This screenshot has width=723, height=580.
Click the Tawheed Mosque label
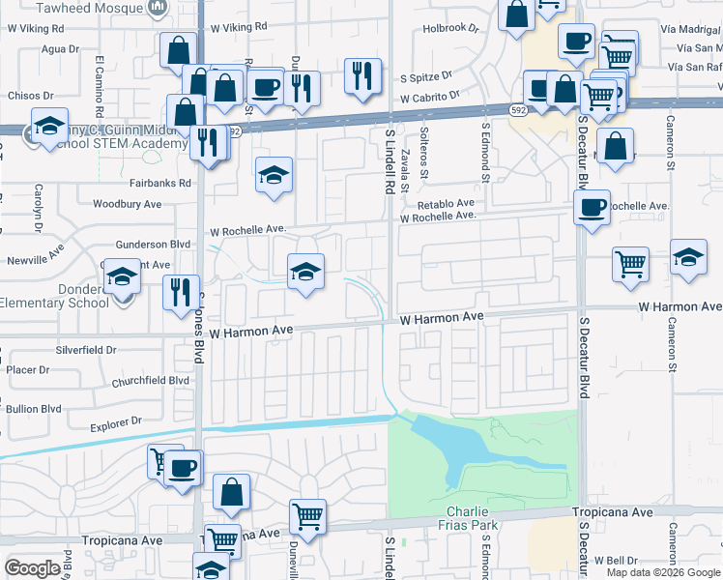[99, 7]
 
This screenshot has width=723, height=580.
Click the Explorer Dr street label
[116, 421]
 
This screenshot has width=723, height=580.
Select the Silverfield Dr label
[86, 349]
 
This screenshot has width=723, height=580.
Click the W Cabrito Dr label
[429, 98]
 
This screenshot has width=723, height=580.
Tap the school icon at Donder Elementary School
[122, 279]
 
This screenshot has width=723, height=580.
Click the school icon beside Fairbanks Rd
[275, 175]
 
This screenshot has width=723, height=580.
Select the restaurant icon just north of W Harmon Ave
[181, 291]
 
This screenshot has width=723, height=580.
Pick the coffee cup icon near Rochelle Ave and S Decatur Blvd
[591, 205]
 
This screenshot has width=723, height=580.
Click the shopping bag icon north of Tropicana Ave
[232, 492]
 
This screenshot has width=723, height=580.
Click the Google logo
[32, 568]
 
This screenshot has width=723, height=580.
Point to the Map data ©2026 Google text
[664, 572]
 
